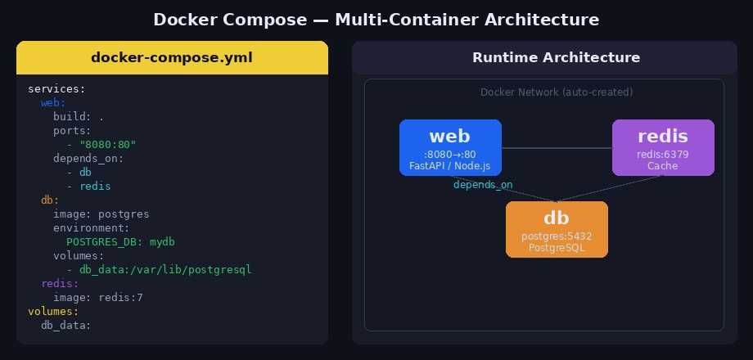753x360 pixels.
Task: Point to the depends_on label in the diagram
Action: pos(483,185)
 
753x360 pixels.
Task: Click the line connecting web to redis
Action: pos(557,148)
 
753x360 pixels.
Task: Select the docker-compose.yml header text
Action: pos(172,57)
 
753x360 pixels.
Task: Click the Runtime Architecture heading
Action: pos(556,57)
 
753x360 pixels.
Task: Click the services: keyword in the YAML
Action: pos(56,88)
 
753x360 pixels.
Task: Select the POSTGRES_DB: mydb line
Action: pos(120,241)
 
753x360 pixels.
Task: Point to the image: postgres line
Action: pos(101,214)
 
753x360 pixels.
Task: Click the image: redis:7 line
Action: pos(98,298)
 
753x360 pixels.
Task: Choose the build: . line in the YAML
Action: pos(79,116)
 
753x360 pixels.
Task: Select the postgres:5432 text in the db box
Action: pos(557,236)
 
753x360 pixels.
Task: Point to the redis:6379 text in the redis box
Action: pos(663,154)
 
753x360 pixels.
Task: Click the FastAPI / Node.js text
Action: pos(450,166)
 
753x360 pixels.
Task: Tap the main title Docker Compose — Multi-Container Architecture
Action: pos(376,19)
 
